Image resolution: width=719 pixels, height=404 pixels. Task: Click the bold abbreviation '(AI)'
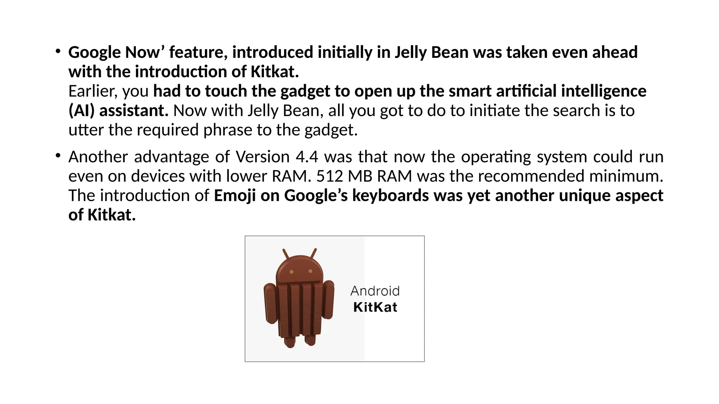click(x=81, y=111)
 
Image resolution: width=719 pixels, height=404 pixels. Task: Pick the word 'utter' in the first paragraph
click(x=86, y=130)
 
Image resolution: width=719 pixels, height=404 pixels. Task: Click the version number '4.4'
click(x=307, y=157)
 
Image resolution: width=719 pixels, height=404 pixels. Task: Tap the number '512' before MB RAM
click(x=329, y=176)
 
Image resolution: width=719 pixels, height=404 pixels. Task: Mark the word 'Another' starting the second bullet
click(x=98, y=157)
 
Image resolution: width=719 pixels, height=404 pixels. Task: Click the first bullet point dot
click(x=58, y=51)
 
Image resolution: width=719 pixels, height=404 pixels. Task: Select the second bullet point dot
click(x=58, y=155)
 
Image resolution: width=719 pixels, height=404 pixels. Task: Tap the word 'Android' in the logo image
click(x=375, y=291)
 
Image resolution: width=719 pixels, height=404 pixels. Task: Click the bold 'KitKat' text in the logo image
click(x=375, y=307)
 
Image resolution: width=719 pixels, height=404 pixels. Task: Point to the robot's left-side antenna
click(x=286, y=254)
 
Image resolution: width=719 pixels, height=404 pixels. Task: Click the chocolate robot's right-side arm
click(x=328, y=300)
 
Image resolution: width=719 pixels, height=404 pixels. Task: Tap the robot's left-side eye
click(x=291, y=272)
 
